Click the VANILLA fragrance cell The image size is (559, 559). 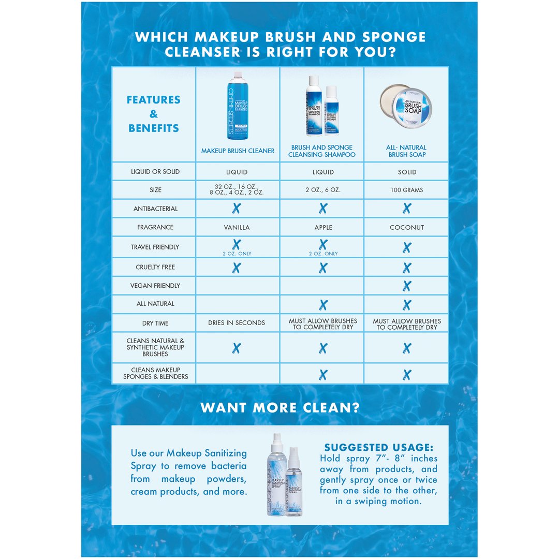(237, 227)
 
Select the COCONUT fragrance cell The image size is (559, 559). (407, 227)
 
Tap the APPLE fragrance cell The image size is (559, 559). (323, 227)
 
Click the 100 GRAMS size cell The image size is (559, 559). (407, 190)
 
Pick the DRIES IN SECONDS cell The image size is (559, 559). (237, 322)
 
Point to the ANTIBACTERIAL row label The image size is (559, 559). (155, 209)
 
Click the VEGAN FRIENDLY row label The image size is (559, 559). (155, 286)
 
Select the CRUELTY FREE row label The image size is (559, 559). (155, 267)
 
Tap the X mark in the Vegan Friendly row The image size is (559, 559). (407, 286)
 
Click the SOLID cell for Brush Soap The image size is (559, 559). (407, 172)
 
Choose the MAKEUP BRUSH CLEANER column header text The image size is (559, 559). (238, 151)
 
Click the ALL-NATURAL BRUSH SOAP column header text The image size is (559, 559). (407, 151)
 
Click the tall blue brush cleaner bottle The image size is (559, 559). (237, 106)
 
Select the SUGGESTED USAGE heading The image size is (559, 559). (378, 447)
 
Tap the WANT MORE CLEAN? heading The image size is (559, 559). (279, 408)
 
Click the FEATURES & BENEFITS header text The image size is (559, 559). (154, 114)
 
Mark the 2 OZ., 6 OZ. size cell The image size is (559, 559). (323, 190)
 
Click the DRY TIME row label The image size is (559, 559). (155, 323)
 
